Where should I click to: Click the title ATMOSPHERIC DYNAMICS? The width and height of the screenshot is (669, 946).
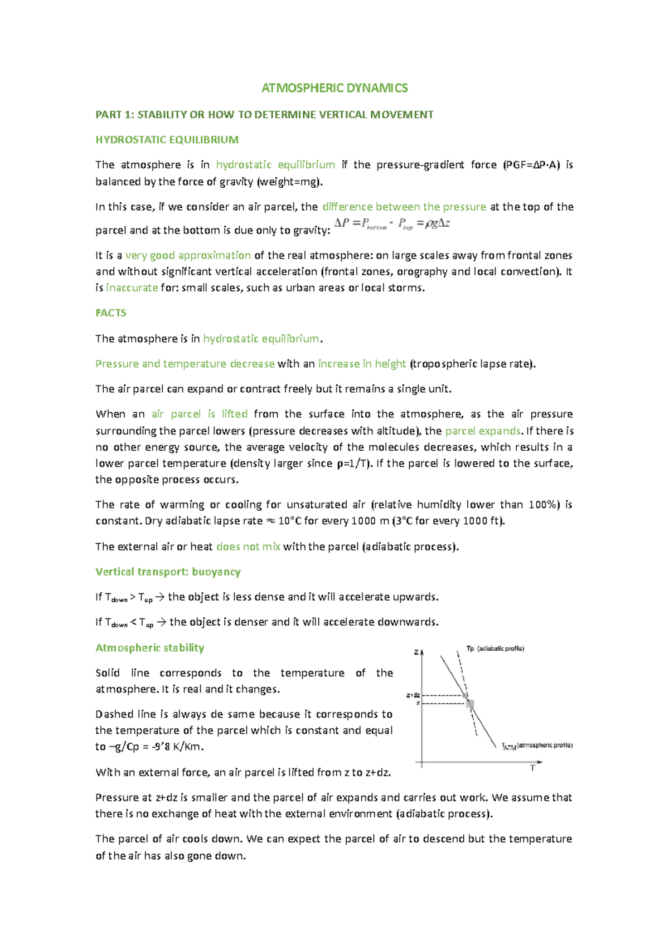pos(334,88)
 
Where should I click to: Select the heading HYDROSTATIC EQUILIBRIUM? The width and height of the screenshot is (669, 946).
pos(167,140)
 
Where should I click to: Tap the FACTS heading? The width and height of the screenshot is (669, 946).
pos(111,313)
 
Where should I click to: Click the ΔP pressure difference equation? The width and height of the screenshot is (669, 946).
pos(392,224)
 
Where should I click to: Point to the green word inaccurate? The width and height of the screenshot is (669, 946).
pos(132,288)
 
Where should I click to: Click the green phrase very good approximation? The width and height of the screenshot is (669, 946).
pos(188,256)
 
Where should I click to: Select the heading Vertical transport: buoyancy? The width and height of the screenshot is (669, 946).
pos(168,572)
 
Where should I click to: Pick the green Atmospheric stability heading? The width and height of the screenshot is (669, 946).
pos(149,648)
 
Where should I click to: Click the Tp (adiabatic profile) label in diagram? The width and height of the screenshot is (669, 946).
pos(495,648)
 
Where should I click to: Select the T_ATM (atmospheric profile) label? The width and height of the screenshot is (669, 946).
pos(537,746)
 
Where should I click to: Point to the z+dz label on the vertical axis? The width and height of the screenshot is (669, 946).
pos(413,695)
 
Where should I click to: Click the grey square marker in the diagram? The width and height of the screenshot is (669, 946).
pos(470,704)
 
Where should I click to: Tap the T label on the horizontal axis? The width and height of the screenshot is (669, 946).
pos(532,768)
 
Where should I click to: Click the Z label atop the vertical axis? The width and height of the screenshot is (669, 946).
pos(416,652)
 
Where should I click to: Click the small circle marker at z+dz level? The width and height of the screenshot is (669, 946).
pos(465,695)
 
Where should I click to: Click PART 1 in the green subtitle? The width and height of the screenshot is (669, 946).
pos(114,115)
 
